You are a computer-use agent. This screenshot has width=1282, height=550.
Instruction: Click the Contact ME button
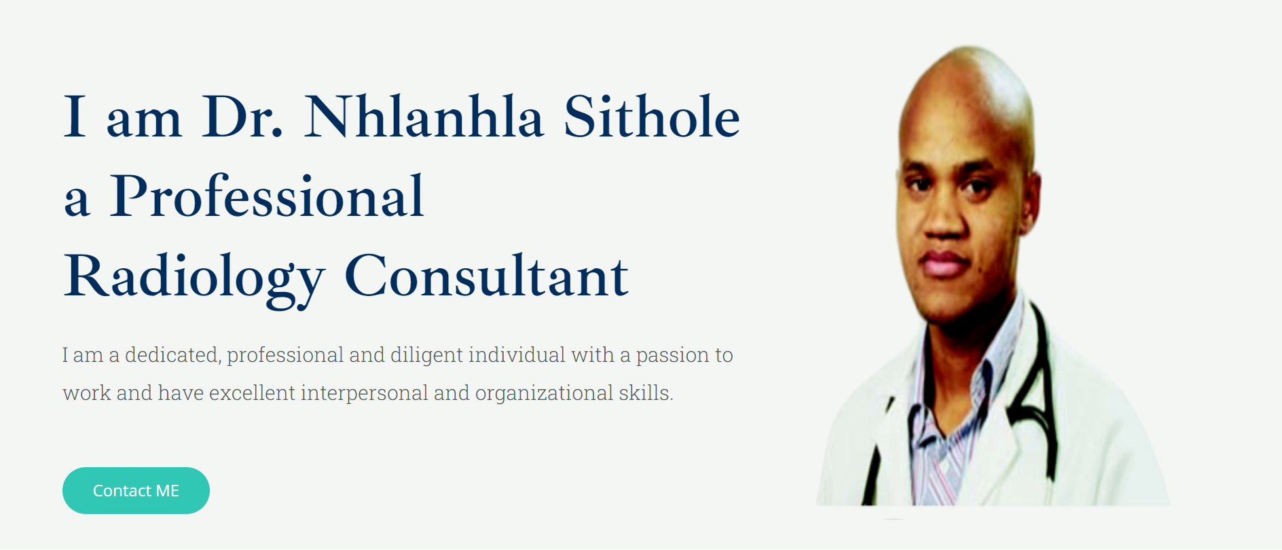coord(136,490)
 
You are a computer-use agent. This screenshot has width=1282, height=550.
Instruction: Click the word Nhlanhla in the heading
coord(424,117)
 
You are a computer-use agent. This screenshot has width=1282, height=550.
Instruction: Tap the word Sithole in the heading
coord(652,117)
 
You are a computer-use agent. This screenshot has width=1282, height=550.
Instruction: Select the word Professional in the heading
coord(267,196)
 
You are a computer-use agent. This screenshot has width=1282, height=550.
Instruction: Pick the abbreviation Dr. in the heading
coord(242,117)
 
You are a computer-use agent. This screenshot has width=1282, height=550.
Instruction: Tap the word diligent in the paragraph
coord(426,356)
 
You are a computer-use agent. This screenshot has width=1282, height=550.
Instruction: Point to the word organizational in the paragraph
coord(544,394)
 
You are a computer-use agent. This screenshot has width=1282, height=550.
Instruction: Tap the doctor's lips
coord(944,263)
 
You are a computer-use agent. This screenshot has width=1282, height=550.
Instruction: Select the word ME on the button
coord(167,491)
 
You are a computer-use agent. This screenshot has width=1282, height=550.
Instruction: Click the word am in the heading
coord(144,122)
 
